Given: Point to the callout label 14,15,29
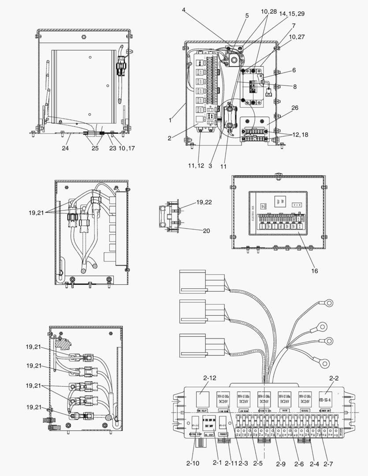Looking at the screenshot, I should [291, 14].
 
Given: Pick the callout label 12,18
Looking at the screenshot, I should [300, 134].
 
